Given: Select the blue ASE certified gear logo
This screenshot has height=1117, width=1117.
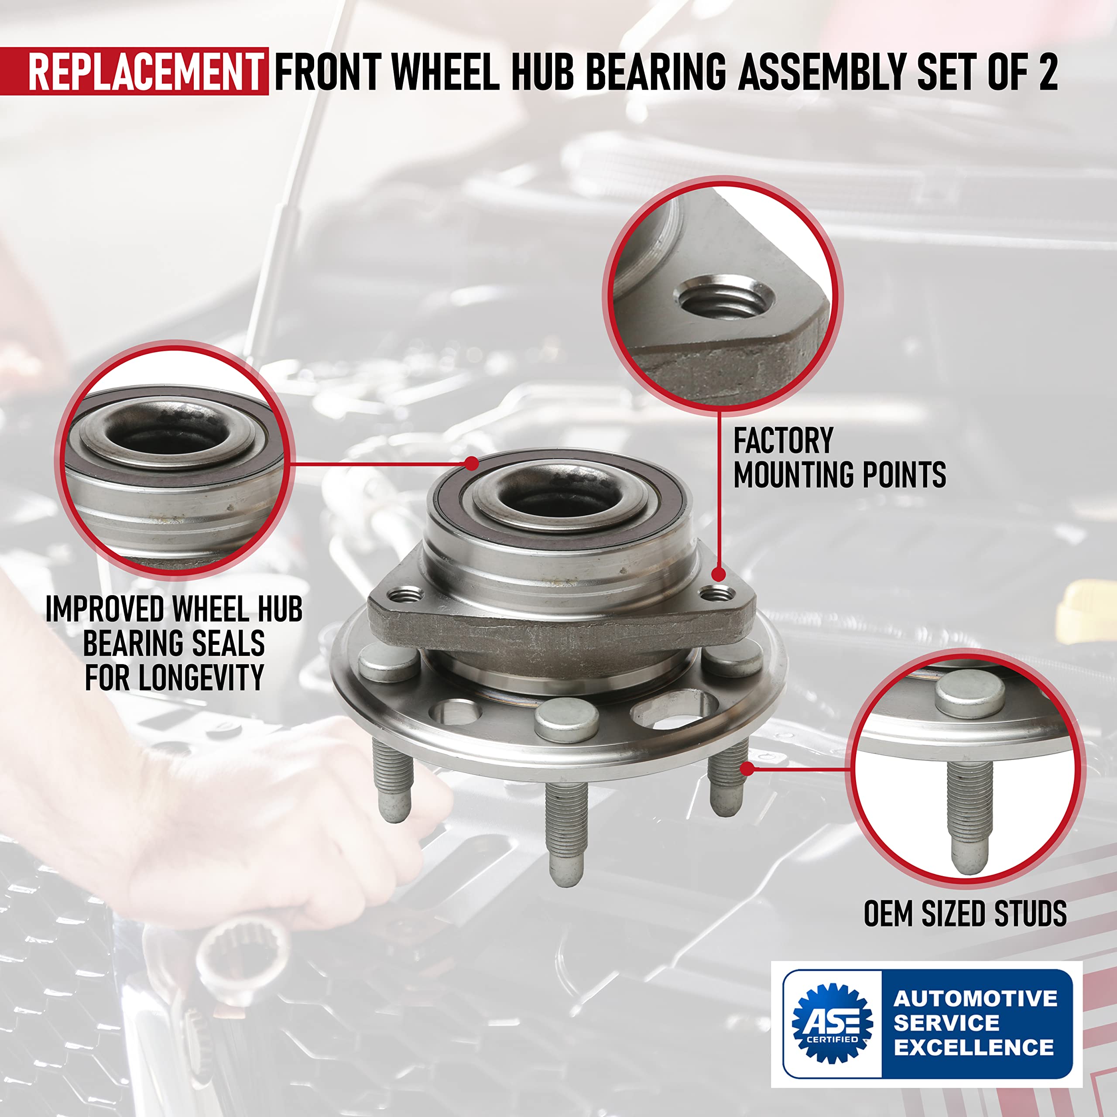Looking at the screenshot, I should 832,1023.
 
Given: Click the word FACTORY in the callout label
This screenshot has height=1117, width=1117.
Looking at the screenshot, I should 783,441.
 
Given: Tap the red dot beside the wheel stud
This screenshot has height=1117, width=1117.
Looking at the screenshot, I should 747,768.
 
